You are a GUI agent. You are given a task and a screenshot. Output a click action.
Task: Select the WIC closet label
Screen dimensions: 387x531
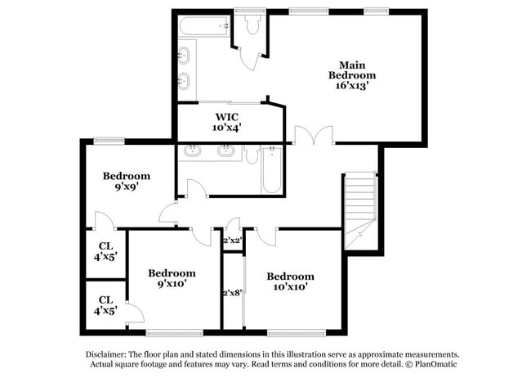227,117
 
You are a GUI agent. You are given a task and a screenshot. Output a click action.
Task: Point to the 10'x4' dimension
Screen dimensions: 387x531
227,128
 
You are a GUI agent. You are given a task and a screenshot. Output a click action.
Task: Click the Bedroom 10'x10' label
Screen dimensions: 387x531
290,277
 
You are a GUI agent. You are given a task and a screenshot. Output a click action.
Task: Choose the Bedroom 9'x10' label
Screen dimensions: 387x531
172,273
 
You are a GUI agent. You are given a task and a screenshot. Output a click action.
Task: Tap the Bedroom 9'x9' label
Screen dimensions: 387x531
126,176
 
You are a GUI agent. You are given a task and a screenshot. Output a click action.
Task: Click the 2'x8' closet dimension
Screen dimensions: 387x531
234,293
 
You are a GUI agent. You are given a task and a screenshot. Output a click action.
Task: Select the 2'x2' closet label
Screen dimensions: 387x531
233,240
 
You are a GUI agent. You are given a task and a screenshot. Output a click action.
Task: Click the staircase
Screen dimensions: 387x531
359,209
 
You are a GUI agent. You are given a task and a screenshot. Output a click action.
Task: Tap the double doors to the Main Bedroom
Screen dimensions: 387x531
314,136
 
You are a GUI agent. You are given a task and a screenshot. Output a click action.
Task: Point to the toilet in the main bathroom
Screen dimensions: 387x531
252,26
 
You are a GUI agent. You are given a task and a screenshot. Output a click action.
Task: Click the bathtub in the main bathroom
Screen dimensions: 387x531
205,26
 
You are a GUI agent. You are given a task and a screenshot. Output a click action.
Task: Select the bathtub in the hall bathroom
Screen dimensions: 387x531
271,170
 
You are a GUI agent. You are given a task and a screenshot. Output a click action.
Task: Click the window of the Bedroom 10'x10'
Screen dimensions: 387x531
292,333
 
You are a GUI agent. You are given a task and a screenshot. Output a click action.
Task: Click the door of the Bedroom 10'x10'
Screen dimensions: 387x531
265,235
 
